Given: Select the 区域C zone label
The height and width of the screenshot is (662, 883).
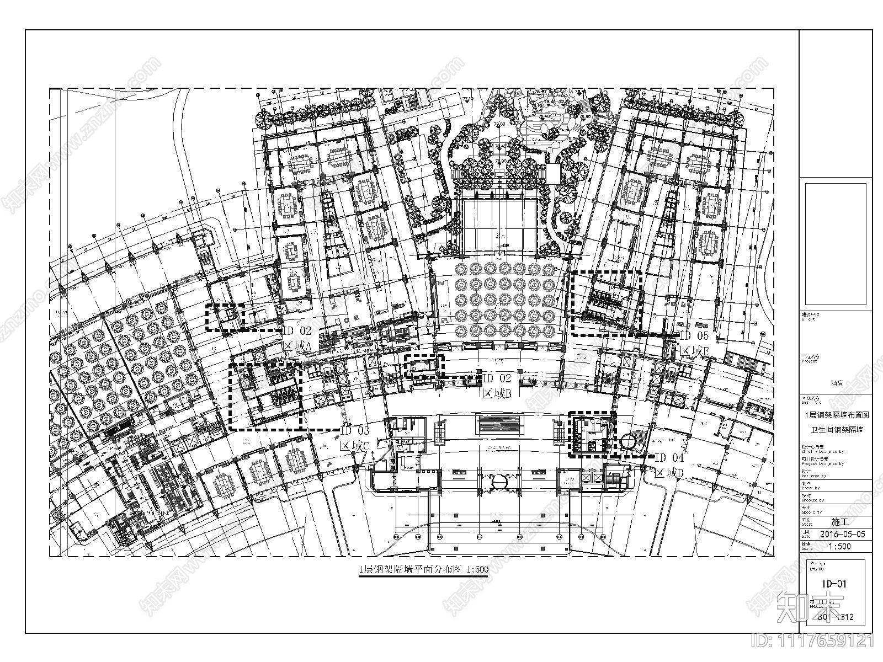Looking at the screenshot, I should (x=355, y=445).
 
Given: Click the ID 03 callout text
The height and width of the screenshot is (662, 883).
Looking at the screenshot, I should (x=355, y=431).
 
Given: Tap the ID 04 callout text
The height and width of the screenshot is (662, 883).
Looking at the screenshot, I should (x=669, y=457).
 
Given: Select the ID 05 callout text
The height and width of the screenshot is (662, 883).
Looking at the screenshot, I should (x=694, y=335).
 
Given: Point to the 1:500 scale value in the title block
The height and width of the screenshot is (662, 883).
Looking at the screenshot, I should (x=840, y=547).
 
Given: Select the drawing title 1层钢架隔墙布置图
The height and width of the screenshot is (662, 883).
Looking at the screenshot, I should (x=836, y=414).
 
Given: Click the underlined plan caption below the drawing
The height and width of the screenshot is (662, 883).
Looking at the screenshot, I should (x=423, y=571).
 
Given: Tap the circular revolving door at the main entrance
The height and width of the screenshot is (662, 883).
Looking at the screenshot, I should (x=499, y=482).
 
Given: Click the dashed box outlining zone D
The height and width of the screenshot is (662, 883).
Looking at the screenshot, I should (x=592, y=435).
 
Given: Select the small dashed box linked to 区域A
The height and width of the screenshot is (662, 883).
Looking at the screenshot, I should (x=225, y=317).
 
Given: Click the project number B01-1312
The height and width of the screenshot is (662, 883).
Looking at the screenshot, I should (x=839, y=617).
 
